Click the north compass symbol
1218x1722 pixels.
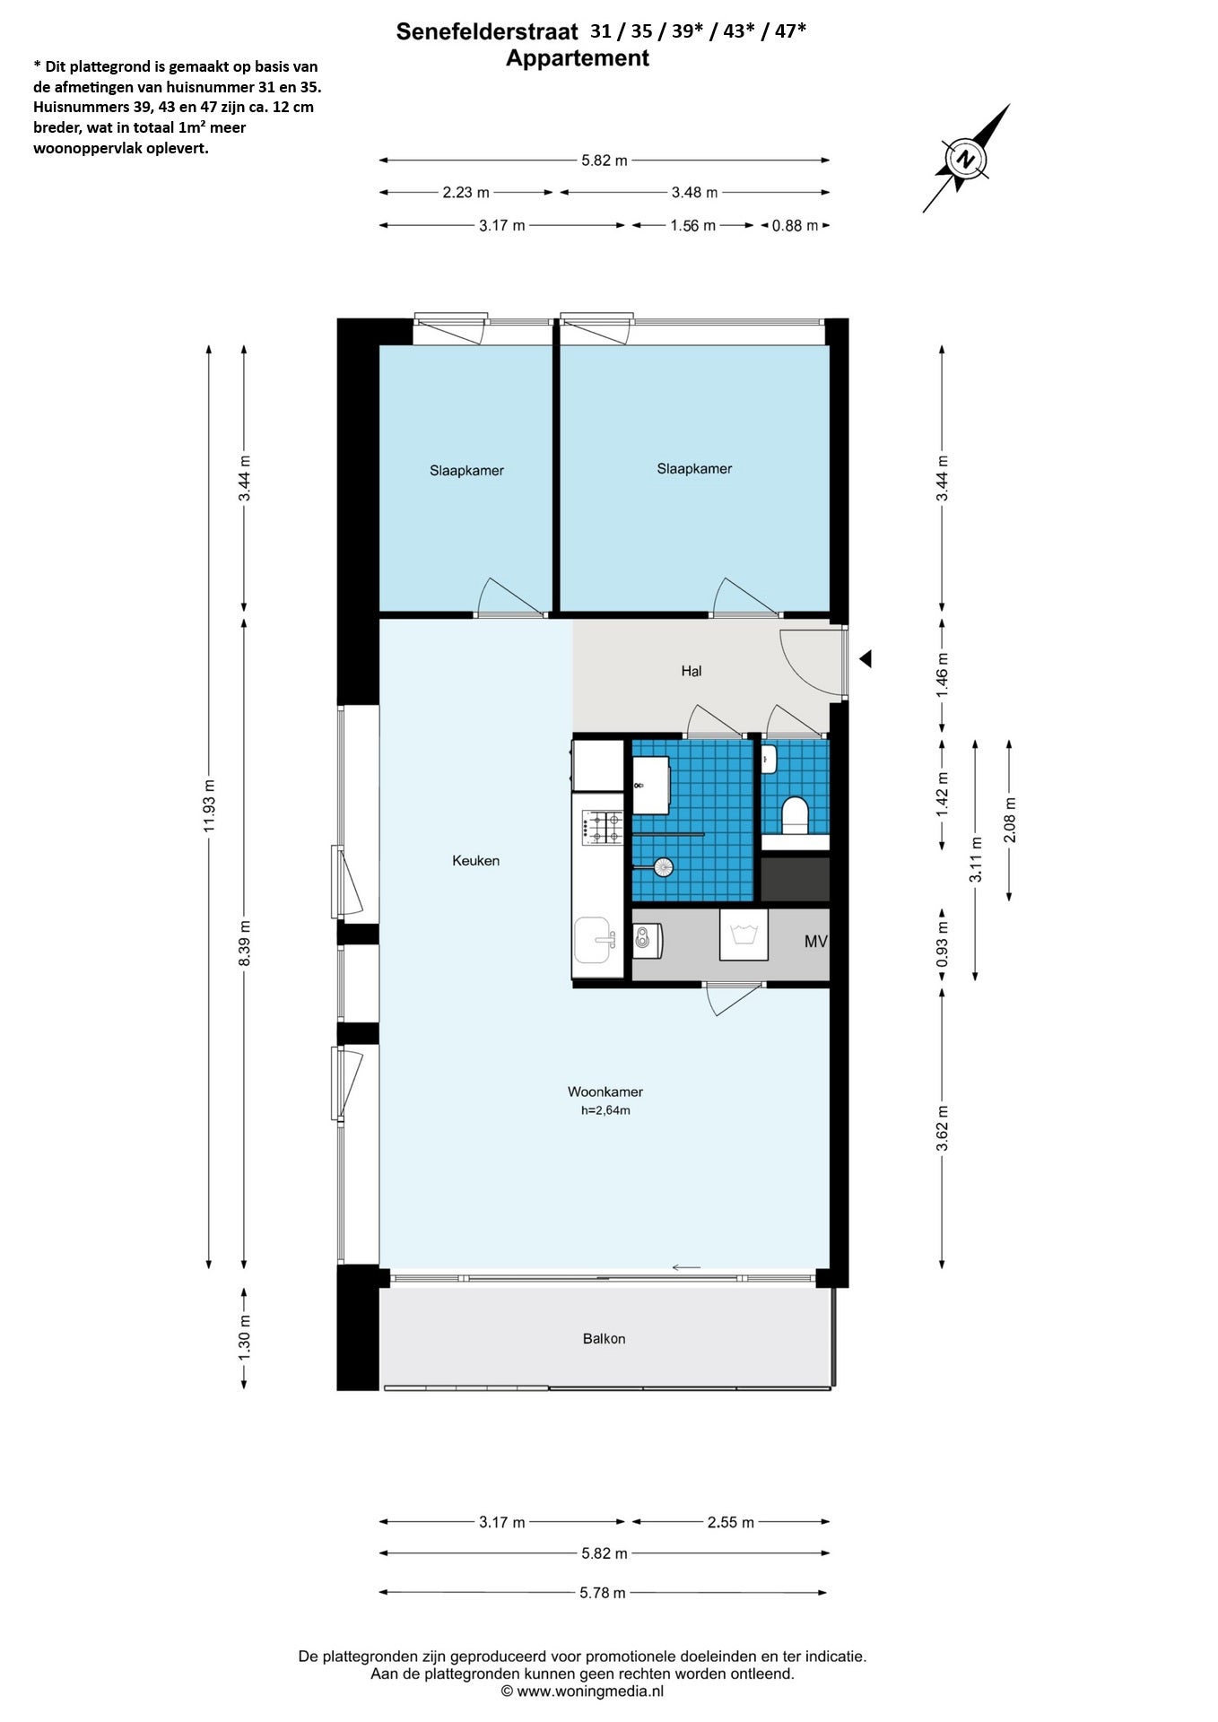(x=965, y=160)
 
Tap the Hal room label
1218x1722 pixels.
(x=691, y=671)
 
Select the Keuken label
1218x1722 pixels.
(x=475, y=860)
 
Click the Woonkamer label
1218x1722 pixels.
(x=605, y=1091)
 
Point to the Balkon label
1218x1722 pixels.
(x=604, y=1338)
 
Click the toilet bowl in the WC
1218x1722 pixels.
(x=795, y=815)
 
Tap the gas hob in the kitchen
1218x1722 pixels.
(x=603, y=827)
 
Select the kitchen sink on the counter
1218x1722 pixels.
(x=594, y=940)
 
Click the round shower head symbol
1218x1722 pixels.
(x=663, y=866)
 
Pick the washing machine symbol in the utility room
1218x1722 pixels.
(x=744, y=935)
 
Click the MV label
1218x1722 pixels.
(x=815, y=942)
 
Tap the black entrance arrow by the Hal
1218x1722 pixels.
(x=866, y=659)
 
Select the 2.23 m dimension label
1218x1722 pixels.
(x=466, y=192)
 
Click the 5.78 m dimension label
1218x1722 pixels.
(x=603, y=1593)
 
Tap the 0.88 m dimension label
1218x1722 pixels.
(x=795, y=226)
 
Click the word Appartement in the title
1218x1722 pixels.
(x=578, y=58)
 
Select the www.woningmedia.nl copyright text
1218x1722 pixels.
(x=583, y=1692)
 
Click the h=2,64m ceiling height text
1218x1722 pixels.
(x=605, y=1110)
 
